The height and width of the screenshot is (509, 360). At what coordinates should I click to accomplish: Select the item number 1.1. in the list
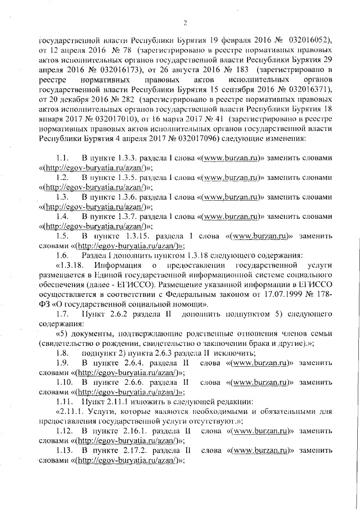(63, 159)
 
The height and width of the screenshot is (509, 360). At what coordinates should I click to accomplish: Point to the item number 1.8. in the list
(63, 353)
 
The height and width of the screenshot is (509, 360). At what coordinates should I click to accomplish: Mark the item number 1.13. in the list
(65, 451)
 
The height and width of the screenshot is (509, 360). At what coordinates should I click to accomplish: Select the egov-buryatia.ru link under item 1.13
(126, 461)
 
